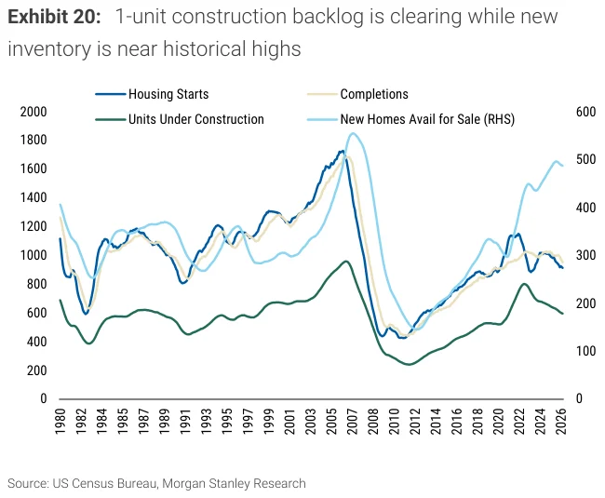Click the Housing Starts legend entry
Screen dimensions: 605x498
coord(152,94)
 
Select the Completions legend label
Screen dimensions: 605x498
coord(357,94)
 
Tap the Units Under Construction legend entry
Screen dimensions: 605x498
coord(180,119)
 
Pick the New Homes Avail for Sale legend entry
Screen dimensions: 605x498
coord(410,119)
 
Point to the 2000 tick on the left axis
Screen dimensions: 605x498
coord(34,112)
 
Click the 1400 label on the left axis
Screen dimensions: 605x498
coord(34,198)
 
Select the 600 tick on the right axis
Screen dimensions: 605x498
coord(585,112)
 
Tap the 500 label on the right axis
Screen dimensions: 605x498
coord(585,159)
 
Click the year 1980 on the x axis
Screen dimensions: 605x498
coord(60,422)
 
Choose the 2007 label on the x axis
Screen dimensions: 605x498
coord(352,422)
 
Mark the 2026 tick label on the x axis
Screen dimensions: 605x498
coord(560,422)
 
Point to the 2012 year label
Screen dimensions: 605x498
coord(415,422)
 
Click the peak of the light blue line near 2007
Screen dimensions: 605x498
coord(352,133)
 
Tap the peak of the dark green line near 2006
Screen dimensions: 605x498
coord(345,262)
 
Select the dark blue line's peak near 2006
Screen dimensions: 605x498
coord(342,151)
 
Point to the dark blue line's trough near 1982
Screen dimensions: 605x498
coord(86,314)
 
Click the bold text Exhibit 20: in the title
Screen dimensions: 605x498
coord(54,17)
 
